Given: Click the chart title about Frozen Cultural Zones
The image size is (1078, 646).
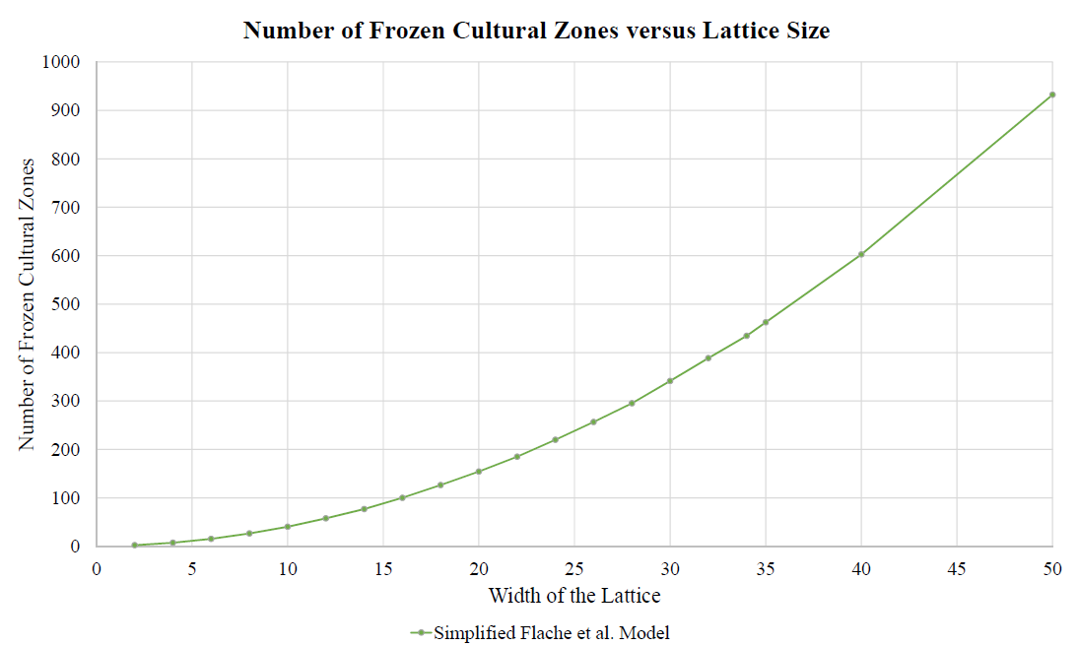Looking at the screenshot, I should click(537, 31).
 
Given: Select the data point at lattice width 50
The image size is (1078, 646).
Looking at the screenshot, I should click(1052, 95).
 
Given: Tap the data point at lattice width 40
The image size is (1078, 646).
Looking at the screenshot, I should click(861, 254).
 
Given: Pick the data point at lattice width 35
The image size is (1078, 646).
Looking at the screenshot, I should click(766, 322).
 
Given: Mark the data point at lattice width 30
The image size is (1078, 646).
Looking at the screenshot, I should click(670, 381).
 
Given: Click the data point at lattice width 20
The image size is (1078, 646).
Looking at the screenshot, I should click(479, 472).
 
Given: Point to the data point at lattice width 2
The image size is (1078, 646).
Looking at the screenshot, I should click(134, 545).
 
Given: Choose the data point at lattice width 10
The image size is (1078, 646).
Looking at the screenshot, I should click(288, 527).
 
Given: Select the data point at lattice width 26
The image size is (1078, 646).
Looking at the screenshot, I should click(593, 422).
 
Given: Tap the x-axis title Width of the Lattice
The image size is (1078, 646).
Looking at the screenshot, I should click(574, 596).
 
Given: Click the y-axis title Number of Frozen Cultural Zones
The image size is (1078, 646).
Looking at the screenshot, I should click(29, 303).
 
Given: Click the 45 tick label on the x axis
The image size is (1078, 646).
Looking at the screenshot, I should click(957, 567).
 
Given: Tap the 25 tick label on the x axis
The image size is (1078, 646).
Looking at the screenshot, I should click(574, 567).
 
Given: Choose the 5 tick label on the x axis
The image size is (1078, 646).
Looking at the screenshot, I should click(192, 567).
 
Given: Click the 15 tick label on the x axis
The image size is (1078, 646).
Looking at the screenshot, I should click(383, 567).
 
